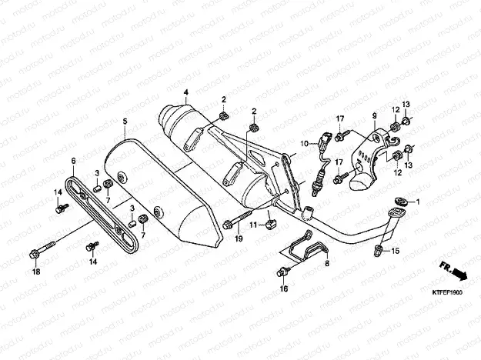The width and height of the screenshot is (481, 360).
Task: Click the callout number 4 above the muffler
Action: coord(185,93)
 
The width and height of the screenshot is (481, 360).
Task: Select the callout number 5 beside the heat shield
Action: coord(125,122)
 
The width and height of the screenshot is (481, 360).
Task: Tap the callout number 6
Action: coord(73,161)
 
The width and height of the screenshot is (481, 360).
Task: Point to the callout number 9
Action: coord(375,116)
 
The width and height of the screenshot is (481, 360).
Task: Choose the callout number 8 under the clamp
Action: coord(326,263)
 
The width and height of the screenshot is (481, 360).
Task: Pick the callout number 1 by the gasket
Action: coord(419,202)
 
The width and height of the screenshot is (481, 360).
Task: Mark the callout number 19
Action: coord(238,240)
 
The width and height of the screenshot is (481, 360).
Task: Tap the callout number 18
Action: coord(35,272)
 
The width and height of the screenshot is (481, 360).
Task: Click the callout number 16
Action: coord(283,288)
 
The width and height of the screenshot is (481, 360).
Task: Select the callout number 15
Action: coord(396,252)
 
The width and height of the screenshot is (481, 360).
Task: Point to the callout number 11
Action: coord(252,225)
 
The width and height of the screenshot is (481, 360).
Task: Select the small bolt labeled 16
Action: coord(283,270)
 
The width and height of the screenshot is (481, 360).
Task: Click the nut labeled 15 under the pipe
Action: coord(379,249)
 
